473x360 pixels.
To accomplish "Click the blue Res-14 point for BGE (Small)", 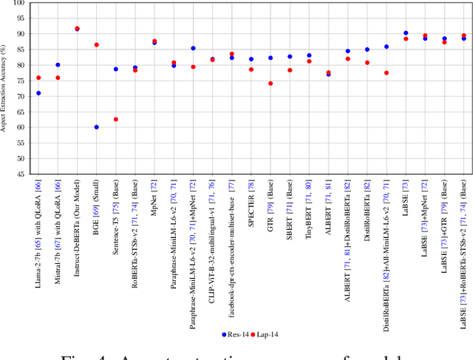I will click(x=96, y=127).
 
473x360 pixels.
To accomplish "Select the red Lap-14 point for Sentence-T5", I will click(x=115, y=119).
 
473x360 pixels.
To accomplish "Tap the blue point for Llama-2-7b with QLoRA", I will click(x=38, y=93).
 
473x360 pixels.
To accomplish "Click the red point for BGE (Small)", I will click(x=96, y=45).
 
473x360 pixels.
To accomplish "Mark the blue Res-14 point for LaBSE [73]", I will click(x=406, y=33).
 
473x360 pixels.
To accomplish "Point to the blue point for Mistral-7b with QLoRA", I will click(x=58, y=65).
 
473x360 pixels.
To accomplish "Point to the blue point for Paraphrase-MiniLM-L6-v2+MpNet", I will click(x=193, y=48).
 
